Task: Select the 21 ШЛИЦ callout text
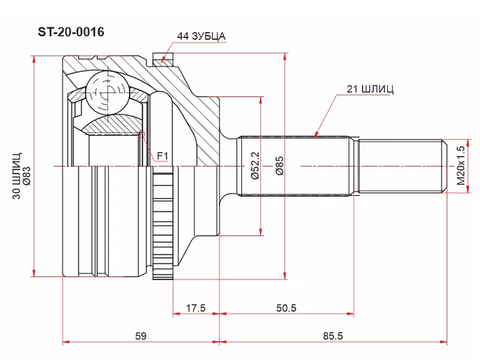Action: (x=370, y=89)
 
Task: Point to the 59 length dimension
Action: (x=140, y=337)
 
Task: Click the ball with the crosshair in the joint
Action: (x=107, y=93)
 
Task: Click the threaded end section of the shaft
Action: (x=402, y=166)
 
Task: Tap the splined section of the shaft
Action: (x=294, y=166)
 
